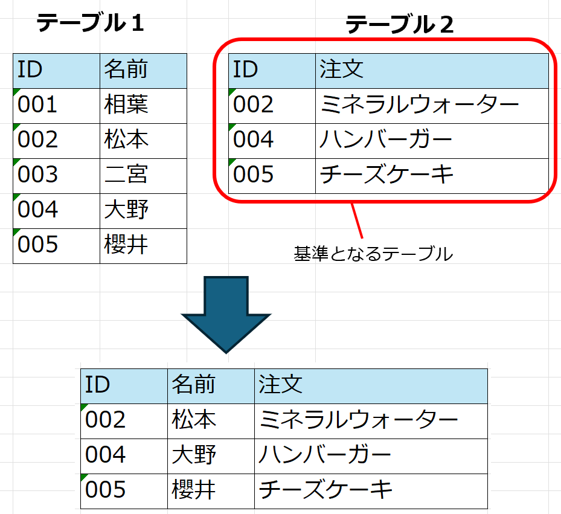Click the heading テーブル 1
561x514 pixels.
click(x=90, y=22)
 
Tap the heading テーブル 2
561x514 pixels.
click(x=400, y=24)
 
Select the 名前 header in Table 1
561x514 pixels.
click(x=126, y=69)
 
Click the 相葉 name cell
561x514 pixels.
click(x=126, y=104)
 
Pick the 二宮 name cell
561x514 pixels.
click(x=126, y=175)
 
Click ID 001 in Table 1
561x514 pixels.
click(x=37, y=104)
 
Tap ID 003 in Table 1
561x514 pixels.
click(x=37, y=175)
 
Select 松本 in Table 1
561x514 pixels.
click(x=126, y=140)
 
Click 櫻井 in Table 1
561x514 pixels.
click(x=126, y=245)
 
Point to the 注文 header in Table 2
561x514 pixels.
click(x=341, y=69)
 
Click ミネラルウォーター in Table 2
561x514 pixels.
click(x=419, y=104)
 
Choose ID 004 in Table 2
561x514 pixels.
click(x=253, y=140)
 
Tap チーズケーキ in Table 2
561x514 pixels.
click(x=386, y=175)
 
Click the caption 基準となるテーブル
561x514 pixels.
click(x=373, y=254)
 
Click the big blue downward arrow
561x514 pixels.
click(x=226, y=315)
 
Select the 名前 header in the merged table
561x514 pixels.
click(x=193, y=384)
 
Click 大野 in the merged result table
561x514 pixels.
click(x=194, y=455)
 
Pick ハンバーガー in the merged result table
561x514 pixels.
click(x=324, y=455)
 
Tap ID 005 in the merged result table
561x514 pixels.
click(x=105, y=490)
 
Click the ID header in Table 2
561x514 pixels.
click(x=245, y=69)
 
